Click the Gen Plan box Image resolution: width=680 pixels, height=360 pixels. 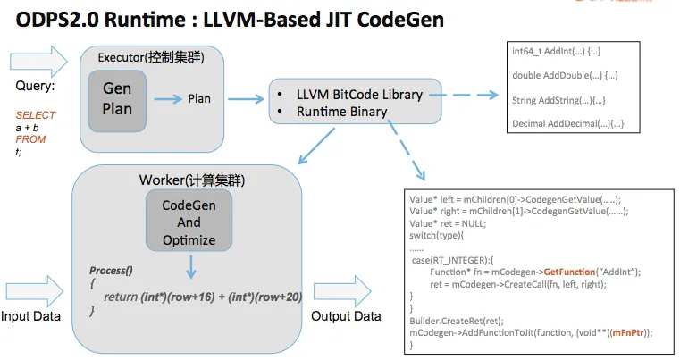[118, 98]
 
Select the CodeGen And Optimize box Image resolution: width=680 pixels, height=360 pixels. [189, 223]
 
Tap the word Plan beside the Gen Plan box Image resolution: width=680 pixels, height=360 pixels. [198, 98]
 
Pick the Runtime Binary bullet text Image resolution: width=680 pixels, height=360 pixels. [342, 113]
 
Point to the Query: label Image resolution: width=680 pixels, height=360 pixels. [37, 87]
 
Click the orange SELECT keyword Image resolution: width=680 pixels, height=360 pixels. [36, 115]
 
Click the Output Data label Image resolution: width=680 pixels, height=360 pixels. [347, 317]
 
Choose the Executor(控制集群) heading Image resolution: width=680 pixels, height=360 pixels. [155, 58]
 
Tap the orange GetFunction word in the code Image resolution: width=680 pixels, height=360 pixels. [573, 271]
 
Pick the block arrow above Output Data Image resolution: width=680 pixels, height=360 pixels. [347, 289]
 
